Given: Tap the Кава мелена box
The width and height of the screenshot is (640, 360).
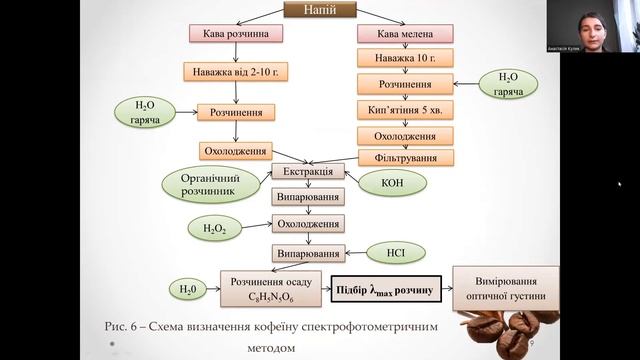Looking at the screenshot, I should (406, 34).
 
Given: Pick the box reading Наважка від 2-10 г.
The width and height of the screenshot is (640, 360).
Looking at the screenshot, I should (236, 72).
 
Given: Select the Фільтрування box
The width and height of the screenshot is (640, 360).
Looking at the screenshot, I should (406, 158).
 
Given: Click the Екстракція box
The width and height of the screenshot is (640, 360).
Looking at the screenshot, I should (309, 171).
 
